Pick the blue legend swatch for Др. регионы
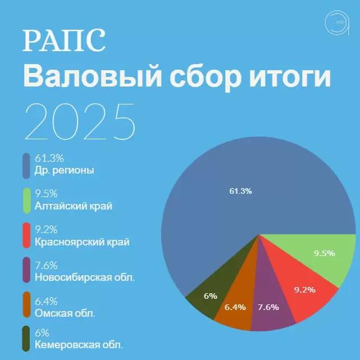pyautogui.click(x=26, y=165)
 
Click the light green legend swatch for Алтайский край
pyautogui.click(x=26, y=200)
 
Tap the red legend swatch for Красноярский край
pyautogui.click(x=26, y=236)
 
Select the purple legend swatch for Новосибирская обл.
pyautogui.click(x=26, y=272)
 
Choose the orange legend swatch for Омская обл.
pyautogui.click(x=26, y=307)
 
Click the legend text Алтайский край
pyautogui.click(x=73, y=206)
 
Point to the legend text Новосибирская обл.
pyautogui.click(x=85, y=277)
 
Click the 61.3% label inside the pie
pyautogui.click(x=240, y=192)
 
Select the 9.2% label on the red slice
pyautogui.click(x=305, y=290)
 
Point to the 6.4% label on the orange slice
pyautogui.click(x=235, y=307)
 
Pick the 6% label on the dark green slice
pyautogui.click(x=211, y=296)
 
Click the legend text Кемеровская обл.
pyautogui.click(x=79, y=344)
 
